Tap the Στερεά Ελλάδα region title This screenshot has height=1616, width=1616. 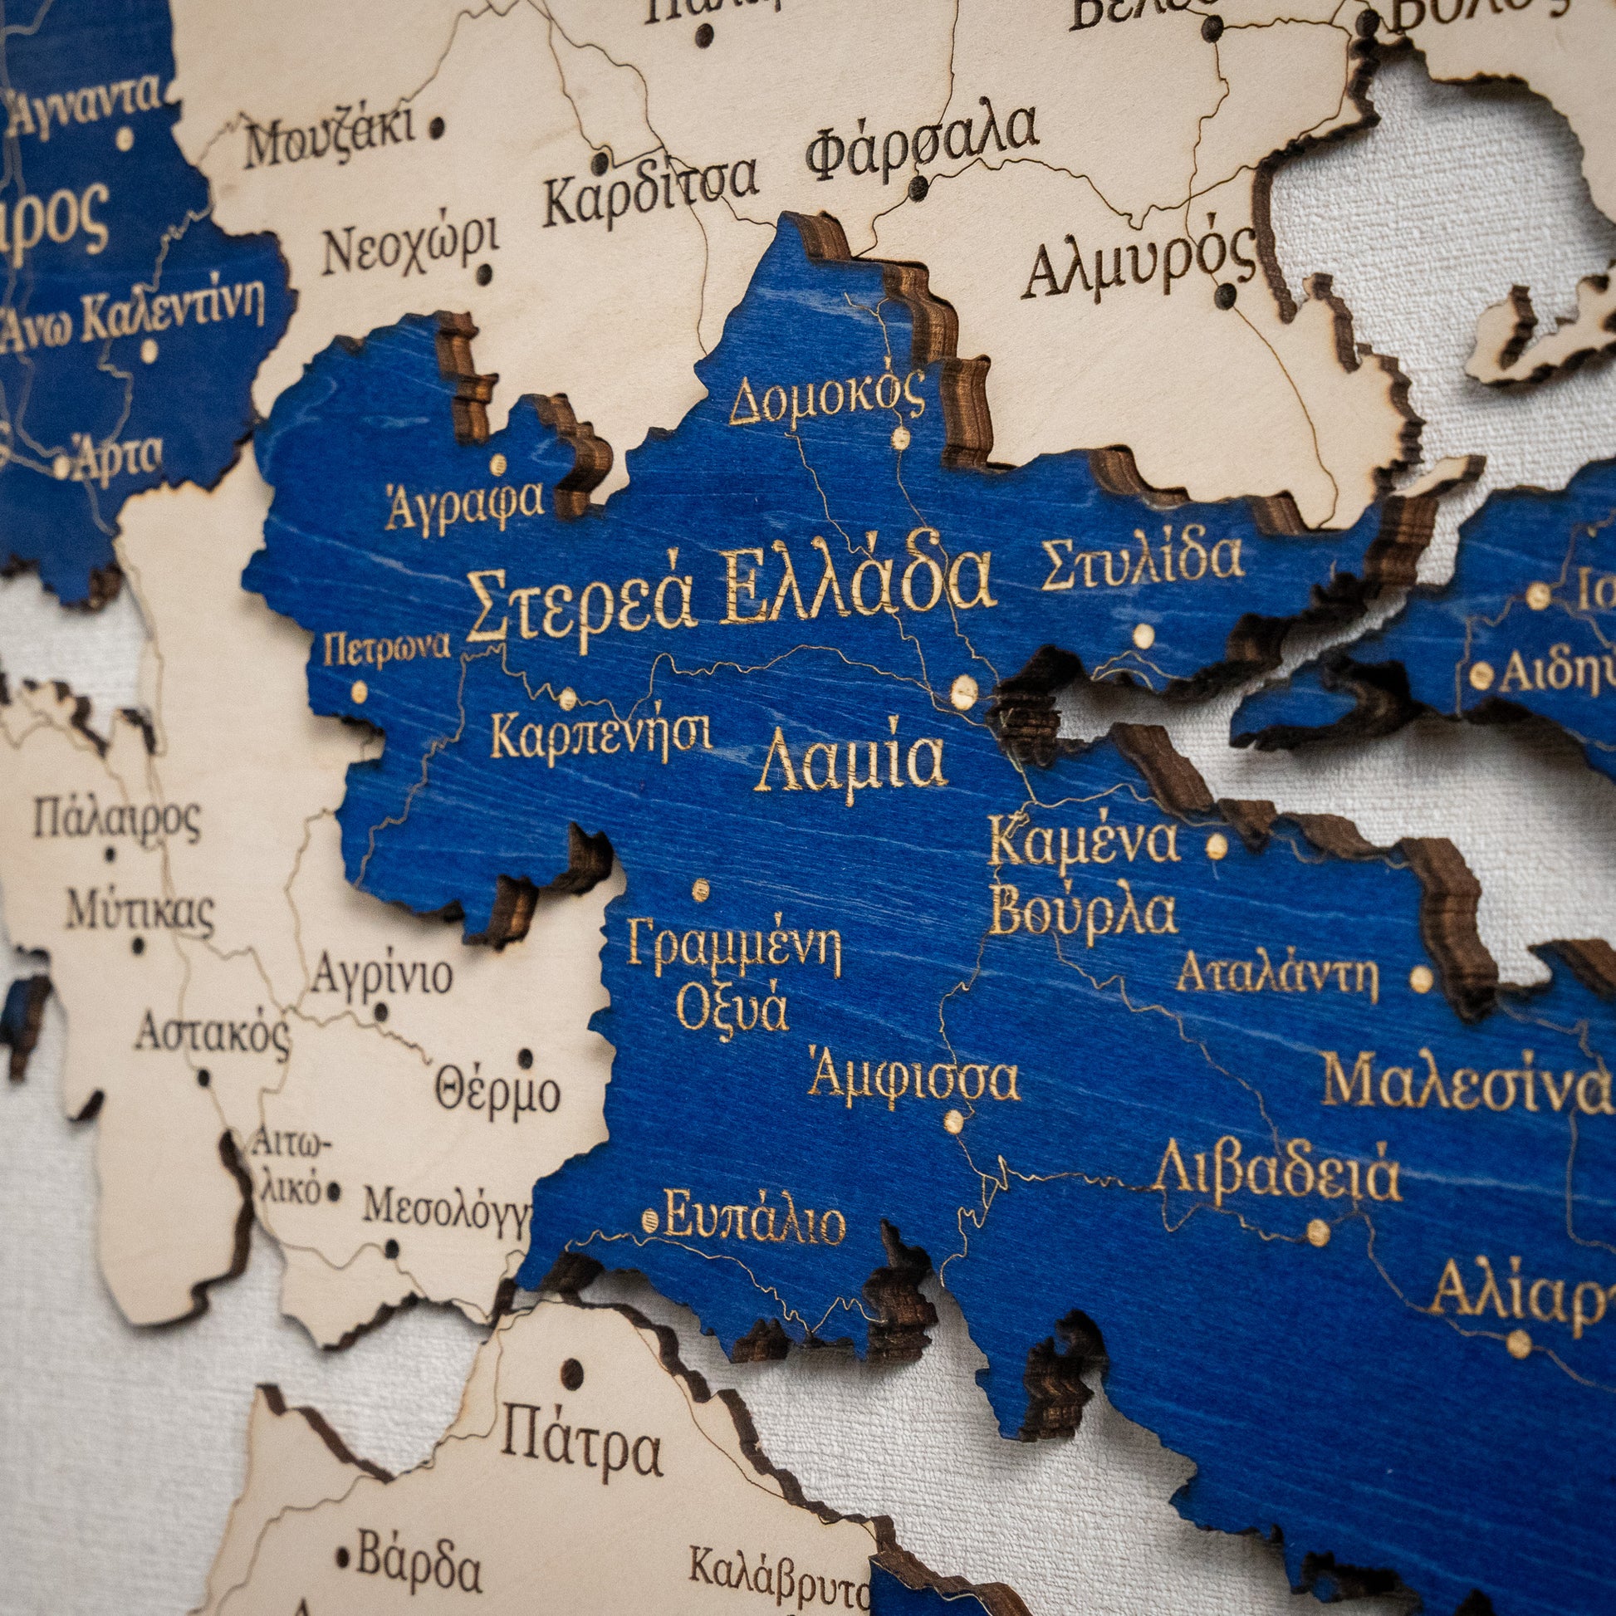(729, 590)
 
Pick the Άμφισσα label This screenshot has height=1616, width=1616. (913, 1079)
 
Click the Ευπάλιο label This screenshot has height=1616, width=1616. (754, 1223)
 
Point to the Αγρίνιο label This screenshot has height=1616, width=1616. (382, 973)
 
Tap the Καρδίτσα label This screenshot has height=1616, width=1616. (650, 191)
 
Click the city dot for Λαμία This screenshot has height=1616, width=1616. (963, 693)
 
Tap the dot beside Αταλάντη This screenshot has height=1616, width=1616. (1420, 978)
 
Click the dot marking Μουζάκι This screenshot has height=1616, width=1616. (437, 128)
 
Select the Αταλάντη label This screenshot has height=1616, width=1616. (1276, 975)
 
